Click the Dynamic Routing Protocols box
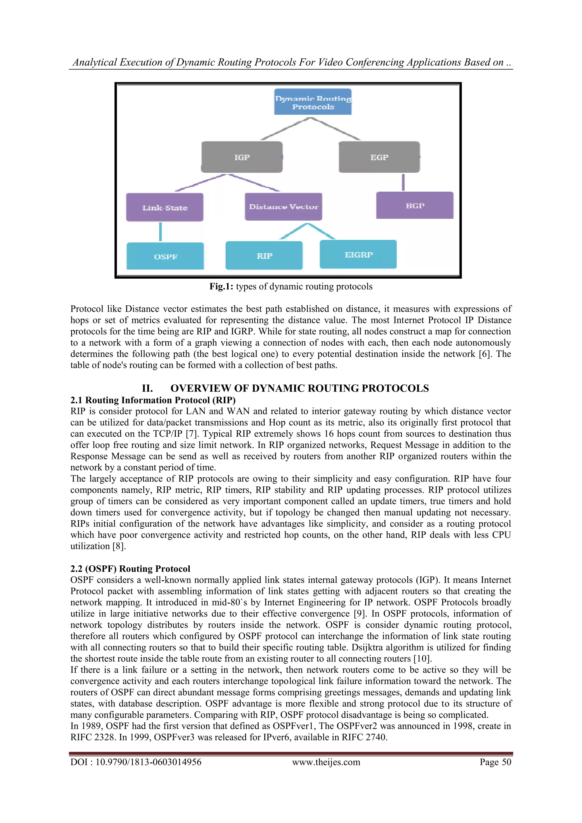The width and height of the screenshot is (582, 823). point(313,102)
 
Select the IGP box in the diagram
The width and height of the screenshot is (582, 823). point(242,157)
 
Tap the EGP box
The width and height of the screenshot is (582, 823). point(379,157)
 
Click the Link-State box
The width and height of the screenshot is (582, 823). point(165,208)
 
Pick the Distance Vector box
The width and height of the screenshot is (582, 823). point(284,207)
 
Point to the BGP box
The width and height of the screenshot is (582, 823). point(415,205)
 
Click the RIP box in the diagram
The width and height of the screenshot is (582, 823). point(264,256)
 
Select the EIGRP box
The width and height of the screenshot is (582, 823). point(358,254)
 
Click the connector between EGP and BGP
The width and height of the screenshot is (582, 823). point(403,183)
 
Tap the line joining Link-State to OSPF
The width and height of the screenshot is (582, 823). point(160,232)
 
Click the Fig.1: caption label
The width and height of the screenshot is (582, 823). point(221,286)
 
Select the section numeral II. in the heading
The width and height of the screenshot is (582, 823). point(147,388)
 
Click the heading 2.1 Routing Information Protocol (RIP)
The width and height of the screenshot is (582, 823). point(153,400)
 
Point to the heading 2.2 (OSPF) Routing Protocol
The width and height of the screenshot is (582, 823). point(130,569)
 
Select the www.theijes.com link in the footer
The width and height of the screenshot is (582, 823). point(326,762)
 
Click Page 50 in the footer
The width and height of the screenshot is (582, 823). point(495,762)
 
